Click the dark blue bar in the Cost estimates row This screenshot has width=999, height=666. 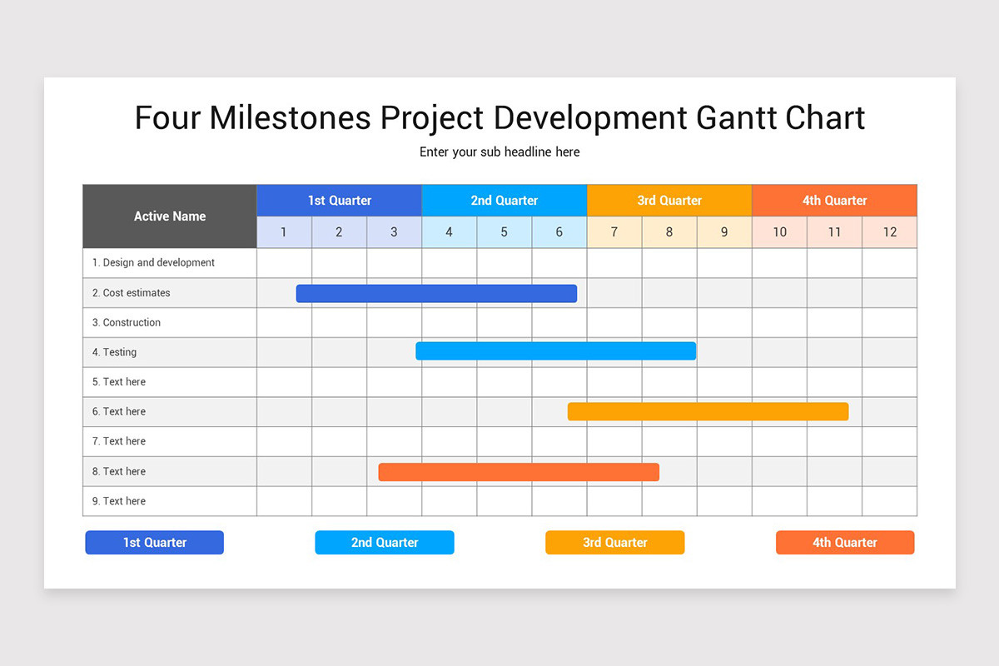point(436,293)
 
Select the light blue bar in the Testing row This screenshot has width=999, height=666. point(555,351)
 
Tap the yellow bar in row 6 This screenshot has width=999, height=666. point(708,411)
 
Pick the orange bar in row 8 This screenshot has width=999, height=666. point(519,472)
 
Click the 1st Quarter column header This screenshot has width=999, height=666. point(339,201)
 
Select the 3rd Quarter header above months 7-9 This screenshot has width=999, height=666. point(669,201)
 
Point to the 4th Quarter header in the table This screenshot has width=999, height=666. point(834,201)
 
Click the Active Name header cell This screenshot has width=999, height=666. point(170,216)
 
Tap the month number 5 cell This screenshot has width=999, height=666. point(504,232)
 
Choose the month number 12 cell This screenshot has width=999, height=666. point(889,232)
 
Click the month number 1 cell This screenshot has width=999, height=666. point(284,232)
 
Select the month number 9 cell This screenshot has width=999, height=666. point(724,232)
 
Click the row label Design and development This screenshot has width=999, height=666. point(153,263)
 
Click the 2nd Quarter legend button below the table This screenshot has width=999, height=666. point(385,543)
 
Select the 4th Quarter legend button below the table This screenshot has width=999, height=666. point(845,543)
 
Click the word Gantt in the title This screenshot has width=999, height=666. point(737,117)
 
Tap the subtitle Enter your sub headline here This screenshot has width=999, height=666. point(499,152)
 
